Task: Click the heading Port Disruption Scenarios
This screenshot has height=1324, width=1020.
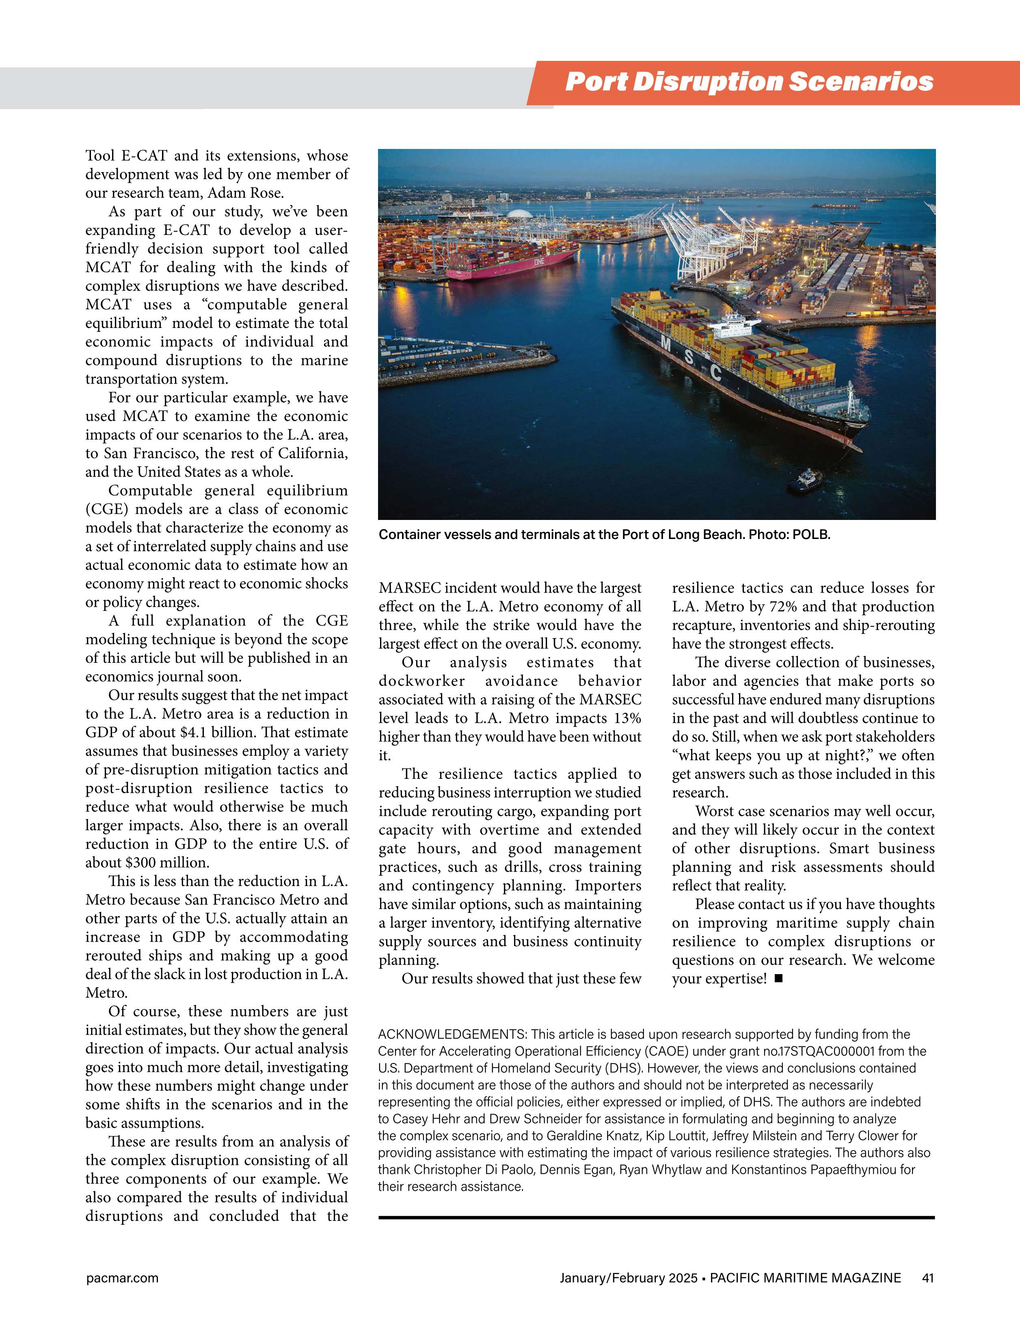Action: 749,82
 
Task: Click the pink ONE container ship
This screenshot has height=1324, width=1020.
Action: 512,265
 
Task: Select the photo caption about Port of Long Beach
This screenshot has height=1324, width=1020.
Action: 604,535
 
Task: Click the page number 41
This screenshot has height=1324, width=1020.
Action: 928,1278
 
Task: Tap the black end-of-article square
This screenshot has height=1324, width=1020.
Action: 779,979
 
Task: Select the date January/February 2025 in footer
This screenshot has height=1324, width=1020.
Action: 628,1278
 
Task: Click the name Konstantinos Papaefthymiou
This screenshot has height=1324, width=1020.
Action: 814,1169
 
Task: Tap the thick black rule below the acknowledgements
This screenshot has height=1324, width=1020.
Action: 656,1217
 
